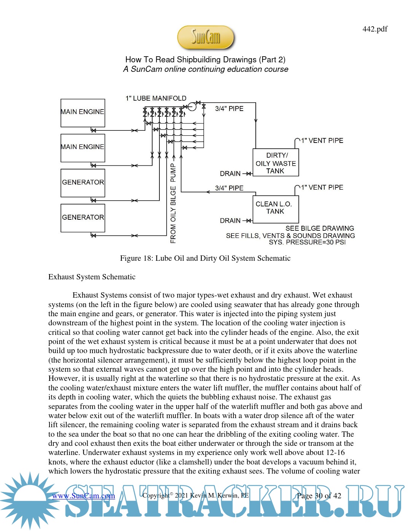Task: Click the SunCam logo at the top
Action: [x=205, y=37]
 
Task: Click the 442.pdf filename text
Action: [x=375, y=29]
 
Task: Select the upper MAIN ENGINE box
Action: [x=83, y=113]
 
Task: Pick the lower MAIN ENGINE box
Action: [x=83, y=148]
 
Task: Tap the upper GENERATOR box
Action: [x=83, y=183]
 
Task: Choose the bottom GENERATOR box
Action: [x=83, y=218]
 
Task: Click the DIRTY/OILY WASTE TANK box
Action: [x=276, y=163]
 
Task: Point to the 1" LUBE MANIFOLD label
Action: [x=156, y=98]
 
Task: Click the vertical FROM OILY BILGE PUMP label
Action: [x=174, y=203]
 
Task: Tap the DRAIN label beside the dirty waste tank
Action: [x=230, y=174]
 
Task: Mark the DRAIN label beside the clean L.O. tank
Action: [x=230, y=221]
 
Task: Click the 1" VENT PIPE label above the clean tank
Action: [x=322, y=187]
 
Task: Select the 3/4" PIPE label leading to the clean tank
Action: [x=229, y=188]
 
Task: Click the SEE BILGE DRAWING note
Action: [x=320, y=228]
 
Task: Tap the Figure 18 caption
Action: [x=205, y=258]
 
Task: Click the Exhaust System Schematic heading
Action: [x=92, y=277]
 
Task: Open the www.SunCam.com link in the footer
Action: [x=83, y=496]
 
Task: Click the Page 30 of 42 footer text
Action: [x=319, y=496]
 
